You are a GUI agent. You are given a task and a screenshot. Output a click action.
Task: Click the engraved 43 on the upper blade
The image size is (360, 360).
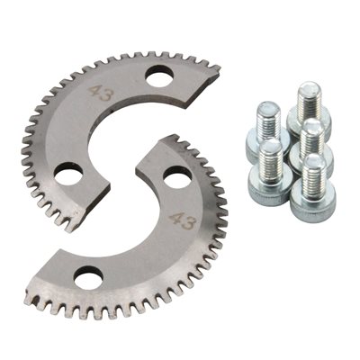click(x=102, y=93)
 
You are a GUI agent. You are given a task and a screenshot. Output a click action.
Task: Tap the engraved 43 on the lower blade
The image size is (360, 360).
click(x=183, y=221)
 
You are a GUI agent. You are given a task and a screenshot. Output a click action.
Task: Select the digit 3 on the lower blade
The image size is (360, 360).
click(x=190, y=224)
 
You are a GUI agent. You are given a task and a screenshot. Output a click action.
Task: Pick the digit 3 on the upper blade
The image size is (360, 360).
click(x=107, y=95)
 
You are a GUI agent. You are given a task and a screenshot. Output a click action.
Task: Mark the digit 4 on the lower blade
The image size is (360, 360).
click(x=176, y=220)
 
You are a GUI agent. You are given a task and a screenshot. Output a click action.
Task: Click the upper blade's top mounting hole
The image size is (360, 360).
click(x=159, y=76)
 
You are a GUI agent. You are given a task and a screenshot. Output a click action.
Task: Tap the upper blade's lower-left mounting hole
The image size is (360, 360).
click(x=68, y=175)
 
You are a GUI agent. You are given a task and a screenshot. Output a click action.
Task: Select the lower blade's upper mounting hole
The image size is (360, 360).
click(x=177, y=177)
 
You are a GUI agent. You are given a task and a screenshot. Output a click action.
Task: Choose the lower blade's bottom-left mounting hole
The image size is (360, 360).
click(x=88, y=278)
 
